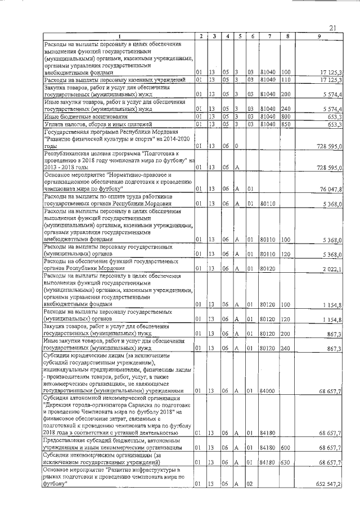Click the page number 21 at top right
pos(332,28)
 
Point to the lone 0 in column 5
pos(238,146)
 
